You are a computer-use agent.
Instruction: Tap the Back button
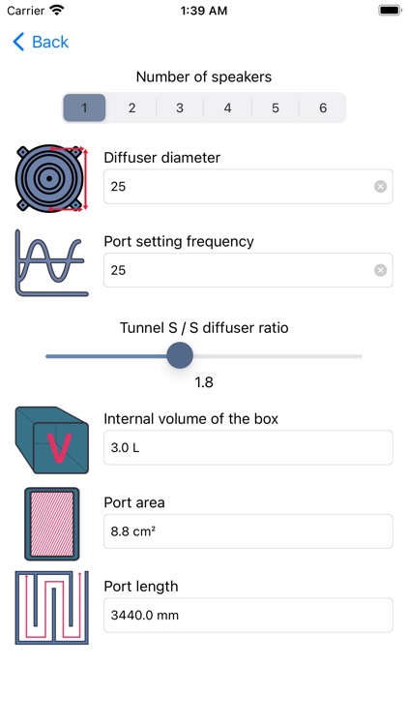coord(41,43)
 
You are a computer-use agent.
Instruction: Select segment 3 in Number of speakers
coord(180,107)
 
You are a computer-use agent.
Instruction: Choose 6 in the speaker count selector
coord(323,107)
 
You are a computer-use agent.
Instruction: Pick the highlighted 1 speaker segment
coord(84,107)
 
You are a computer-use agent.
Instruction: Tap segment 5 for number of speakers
coord(276,107)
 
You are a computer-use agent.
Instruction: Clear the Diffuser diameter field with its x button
coord(380,187)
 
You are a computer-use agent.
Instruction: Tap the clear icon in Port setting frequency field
coord(380,270)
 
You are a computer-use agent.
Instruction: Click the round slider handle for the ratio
coord(180,355)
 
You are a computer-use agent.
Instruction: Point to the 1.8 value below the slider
coord(204,382)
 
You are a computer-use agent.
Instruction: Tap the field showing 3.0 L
coord(248,448)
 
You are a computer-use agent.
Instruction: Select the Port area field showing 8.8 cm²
coord(248,531)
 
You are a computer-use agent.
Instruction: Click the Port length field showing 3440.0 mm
coord(248,616)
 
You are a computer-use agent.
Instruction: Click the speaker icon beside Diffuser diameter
coord(51,178)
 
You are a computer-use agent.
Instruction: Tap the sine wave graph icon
coord(51,262)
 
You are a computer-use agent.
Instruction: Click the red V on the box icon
coord(60,448)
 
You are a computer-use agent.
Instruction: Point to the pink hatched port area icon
coord(52,524)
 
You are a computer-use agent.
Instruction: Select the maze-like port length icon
coord(52,608)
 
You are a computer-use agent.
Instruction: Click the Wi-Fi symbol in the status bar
coord(57,11)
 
